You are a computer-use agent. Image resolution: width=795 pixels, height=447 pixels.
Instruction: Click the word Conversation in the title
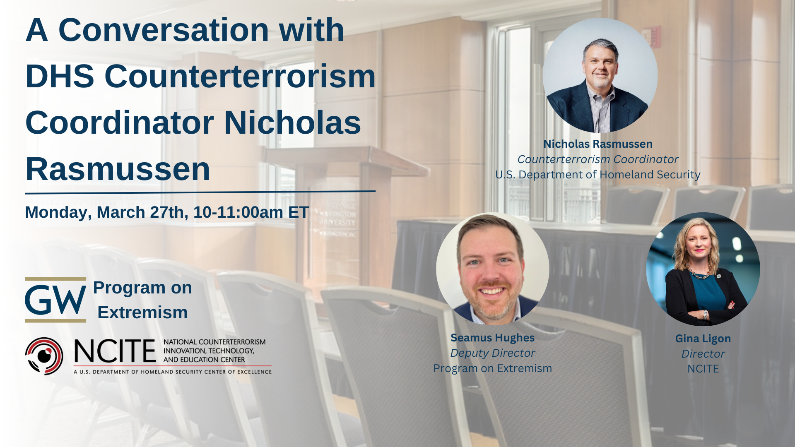point(164,30)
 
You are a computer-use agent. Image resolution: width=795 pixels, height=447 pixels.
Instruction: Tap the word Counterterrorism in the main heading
point(240,77)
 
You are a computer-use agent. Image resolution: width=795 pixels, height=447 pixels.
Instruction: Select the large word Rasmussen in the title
point(118,169)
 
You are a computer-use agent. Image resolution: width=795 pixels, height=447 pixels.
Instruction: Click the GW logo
point(55,300)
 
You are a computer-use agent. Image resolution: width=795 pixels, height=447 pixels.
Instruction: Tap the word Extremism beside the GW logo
point(142,312)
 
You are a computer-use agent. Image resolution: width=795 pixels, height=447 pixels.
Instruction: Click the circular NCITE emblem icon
point(44,356)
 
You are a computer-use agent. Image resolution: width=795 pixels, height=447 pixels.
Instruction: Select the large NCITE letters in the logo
point(115,351)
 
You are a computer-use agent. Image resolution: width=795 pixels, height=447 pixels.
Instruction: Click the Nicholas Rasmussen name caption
point(598,144)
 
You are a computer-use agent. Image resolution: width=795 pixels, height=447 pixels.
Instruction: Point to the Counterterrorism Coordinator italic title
point(598,159)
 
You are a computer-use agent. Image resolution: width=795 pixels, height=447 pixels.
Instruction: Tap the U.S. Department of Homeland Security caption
point(598,175)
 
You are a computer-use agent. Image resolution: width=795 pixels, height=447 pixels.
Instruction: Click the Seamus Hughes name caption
point(492,338)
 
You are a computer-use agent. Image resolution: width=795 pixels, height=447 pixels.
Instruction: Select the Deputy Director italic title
point(492,353)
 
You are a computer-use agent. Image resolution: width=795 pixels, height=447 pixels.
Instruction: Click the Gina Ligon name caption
point(703,339)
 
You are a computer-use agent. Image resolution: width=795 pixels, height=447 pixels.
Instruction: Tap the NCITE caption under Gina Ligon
point(703,369)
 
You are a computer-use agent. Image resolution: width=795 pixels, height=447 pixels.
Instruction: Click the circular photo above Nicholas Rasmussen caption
point(600,75)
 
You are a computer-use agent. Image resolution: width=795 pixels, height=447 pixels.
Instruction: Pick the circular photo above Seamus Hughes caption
point(493,269)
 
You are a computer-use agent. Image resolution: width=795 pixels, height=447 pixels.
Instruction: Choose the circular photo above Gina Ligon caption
point(703,269)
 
